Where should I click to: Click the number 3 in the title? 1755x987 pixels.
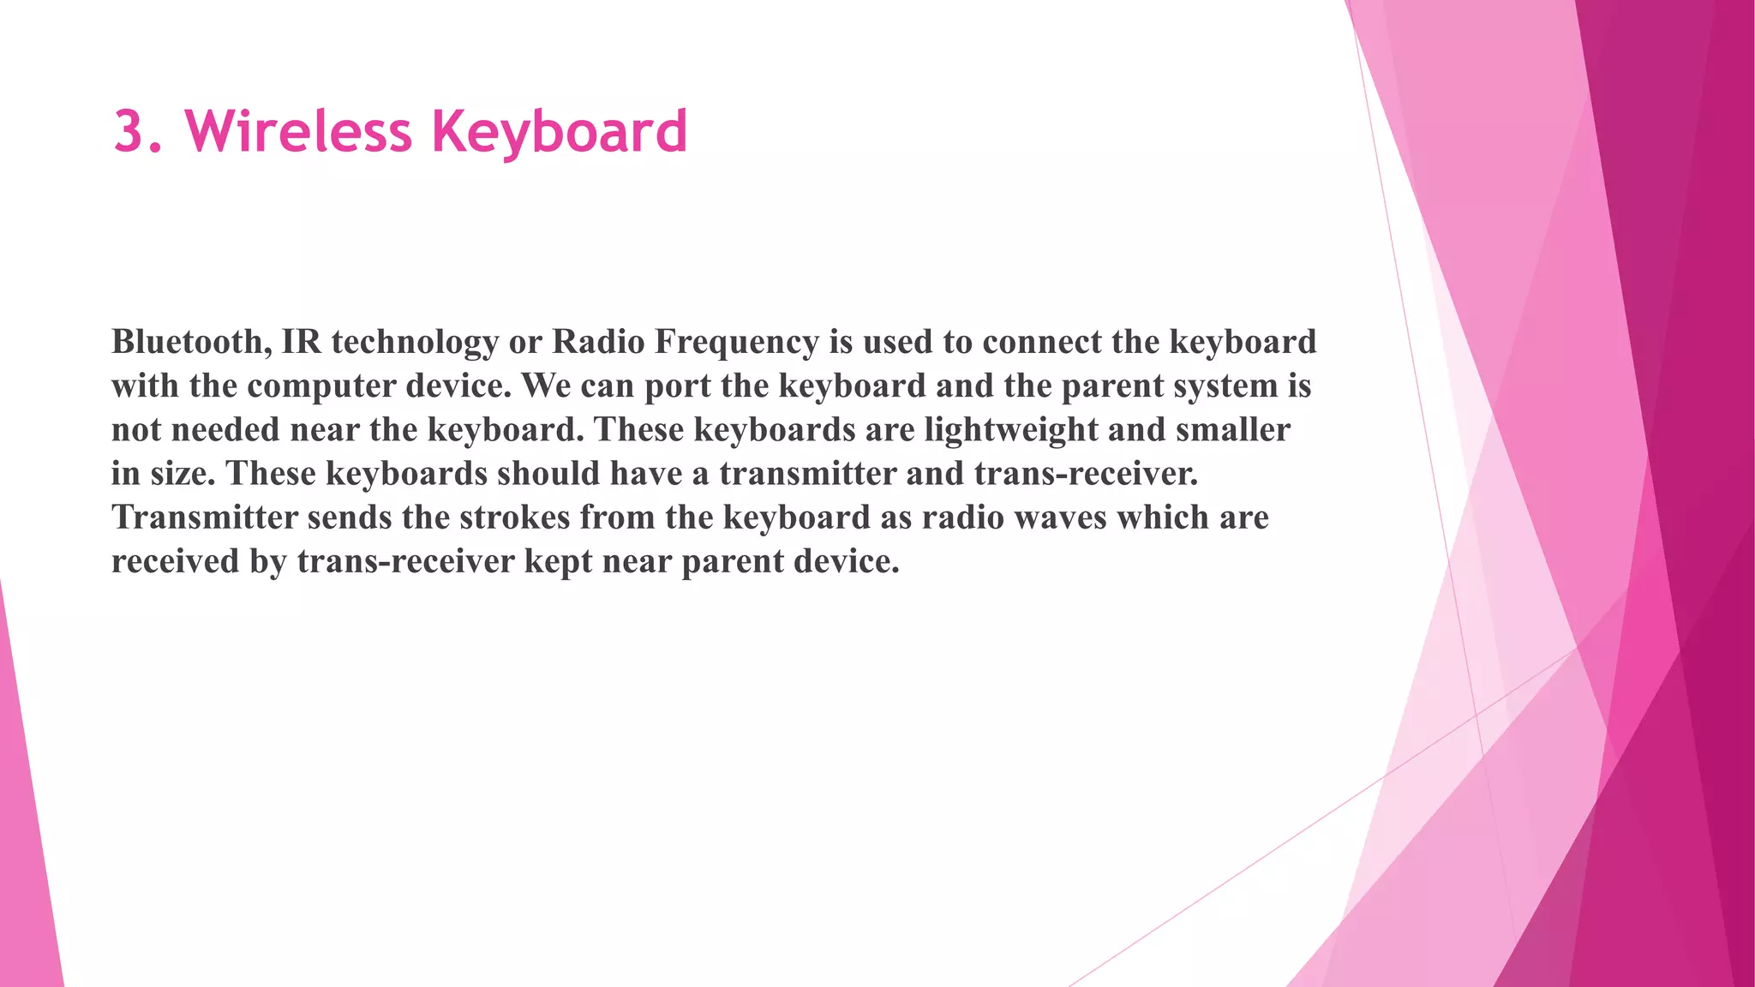[129, 132]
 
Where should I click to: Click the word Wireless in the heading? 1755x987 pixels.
[298, 132]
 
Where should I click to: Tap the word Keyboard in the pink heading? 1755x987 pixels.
[559, 134]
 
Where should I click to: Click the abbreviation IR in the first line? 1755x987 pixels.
[301, 342]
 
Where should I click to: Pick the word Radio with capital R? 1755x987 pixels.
[598, 342]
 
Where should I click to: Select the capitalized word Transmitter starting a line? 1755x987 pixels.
[205, 517]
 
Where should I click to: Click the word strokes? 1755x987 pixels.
[514, 517]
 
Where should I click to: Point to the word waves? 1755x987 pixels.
[1060, 517]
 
